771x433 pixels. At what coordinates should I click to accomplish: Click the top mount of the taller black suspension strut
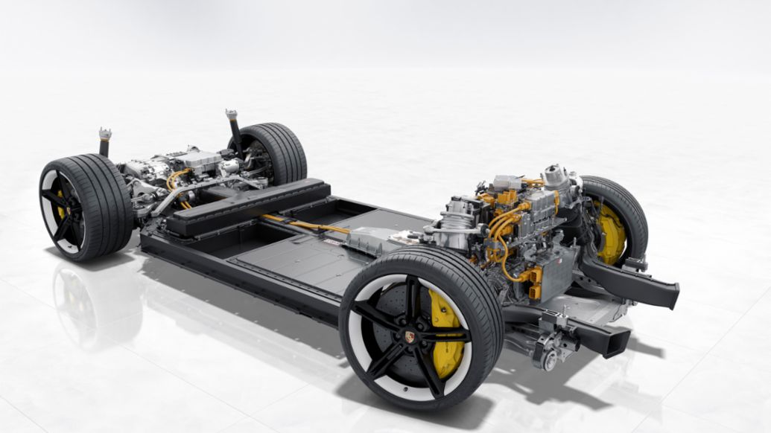tap(232, 115)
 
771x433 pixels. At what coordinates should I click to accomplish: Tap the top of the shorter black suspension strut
tap(105, 134)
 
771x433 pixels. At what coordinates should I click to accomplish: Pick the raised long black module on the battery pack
tap(246, 206)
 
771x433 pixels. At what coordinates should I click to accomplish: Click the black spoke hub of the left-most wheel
tap(63, 208)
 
